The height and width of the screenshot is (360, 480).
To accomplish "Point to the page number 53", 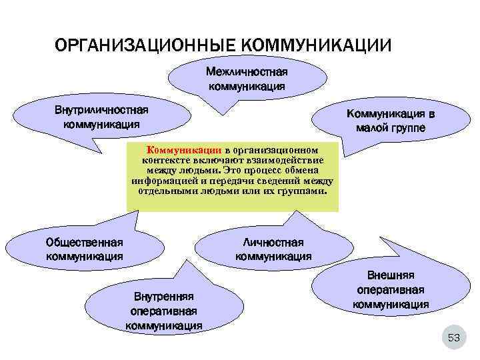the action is coord(454,338).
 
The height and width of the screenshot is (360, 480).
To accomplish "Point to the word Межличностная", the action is coord(247,71).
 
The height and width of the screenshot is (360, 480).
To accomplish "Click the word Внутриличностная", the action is coord(102,110).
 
